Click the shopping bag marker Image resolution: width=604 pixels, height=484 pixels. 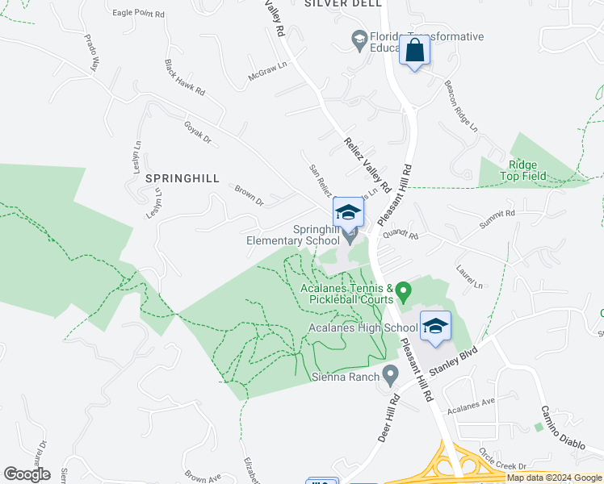point(414,51)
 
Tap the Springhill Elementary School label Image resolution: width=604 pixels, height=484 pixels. point(293,235)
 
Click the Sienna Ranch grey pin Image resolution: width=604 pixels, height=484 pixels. point(391,375)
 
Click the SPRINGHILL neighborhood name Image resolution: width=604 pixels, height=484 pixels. point(182,178)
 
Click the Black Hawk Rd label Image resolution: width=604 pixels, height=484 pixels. point(184,77)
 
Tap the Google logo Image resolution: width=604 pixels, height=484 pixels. point(27,474)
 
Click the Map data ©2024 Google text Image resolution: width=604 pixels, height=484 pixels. point(554,478)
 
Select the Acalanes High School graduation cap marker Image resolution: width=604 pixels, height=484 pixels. point(434,327)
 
